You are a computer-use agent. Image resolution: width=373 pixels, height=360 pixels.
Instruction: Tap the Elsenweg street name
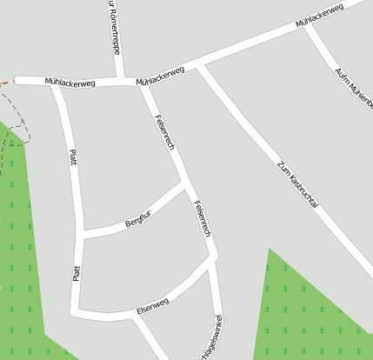153,304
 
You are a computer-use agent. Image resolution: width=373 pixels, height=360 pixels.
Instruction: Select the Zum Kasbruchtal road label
298,183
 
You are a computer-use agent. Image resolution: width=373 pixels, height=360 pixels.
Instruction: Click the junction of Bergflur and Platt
83,233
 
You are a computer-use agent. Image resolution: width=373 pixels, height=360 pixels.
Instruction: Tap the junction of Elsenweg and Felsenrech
212,260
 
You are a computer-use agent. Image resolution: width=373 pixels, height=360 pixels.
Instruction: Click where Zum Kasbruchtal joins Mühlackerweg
199,66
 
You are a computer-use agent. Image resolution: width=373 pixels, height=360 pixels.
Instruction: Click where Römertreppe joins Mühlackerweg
120,81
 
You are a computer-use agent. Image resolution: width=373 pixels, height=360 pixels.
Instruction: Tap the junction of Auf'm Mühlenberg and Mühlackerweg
305,27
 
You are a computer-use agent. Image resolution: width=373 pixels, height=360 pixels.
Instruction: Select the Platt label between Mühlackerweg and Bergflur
72,164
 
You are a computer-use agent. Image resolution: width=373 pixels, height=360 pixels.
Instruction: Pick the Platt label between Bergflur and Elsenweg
77,272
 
